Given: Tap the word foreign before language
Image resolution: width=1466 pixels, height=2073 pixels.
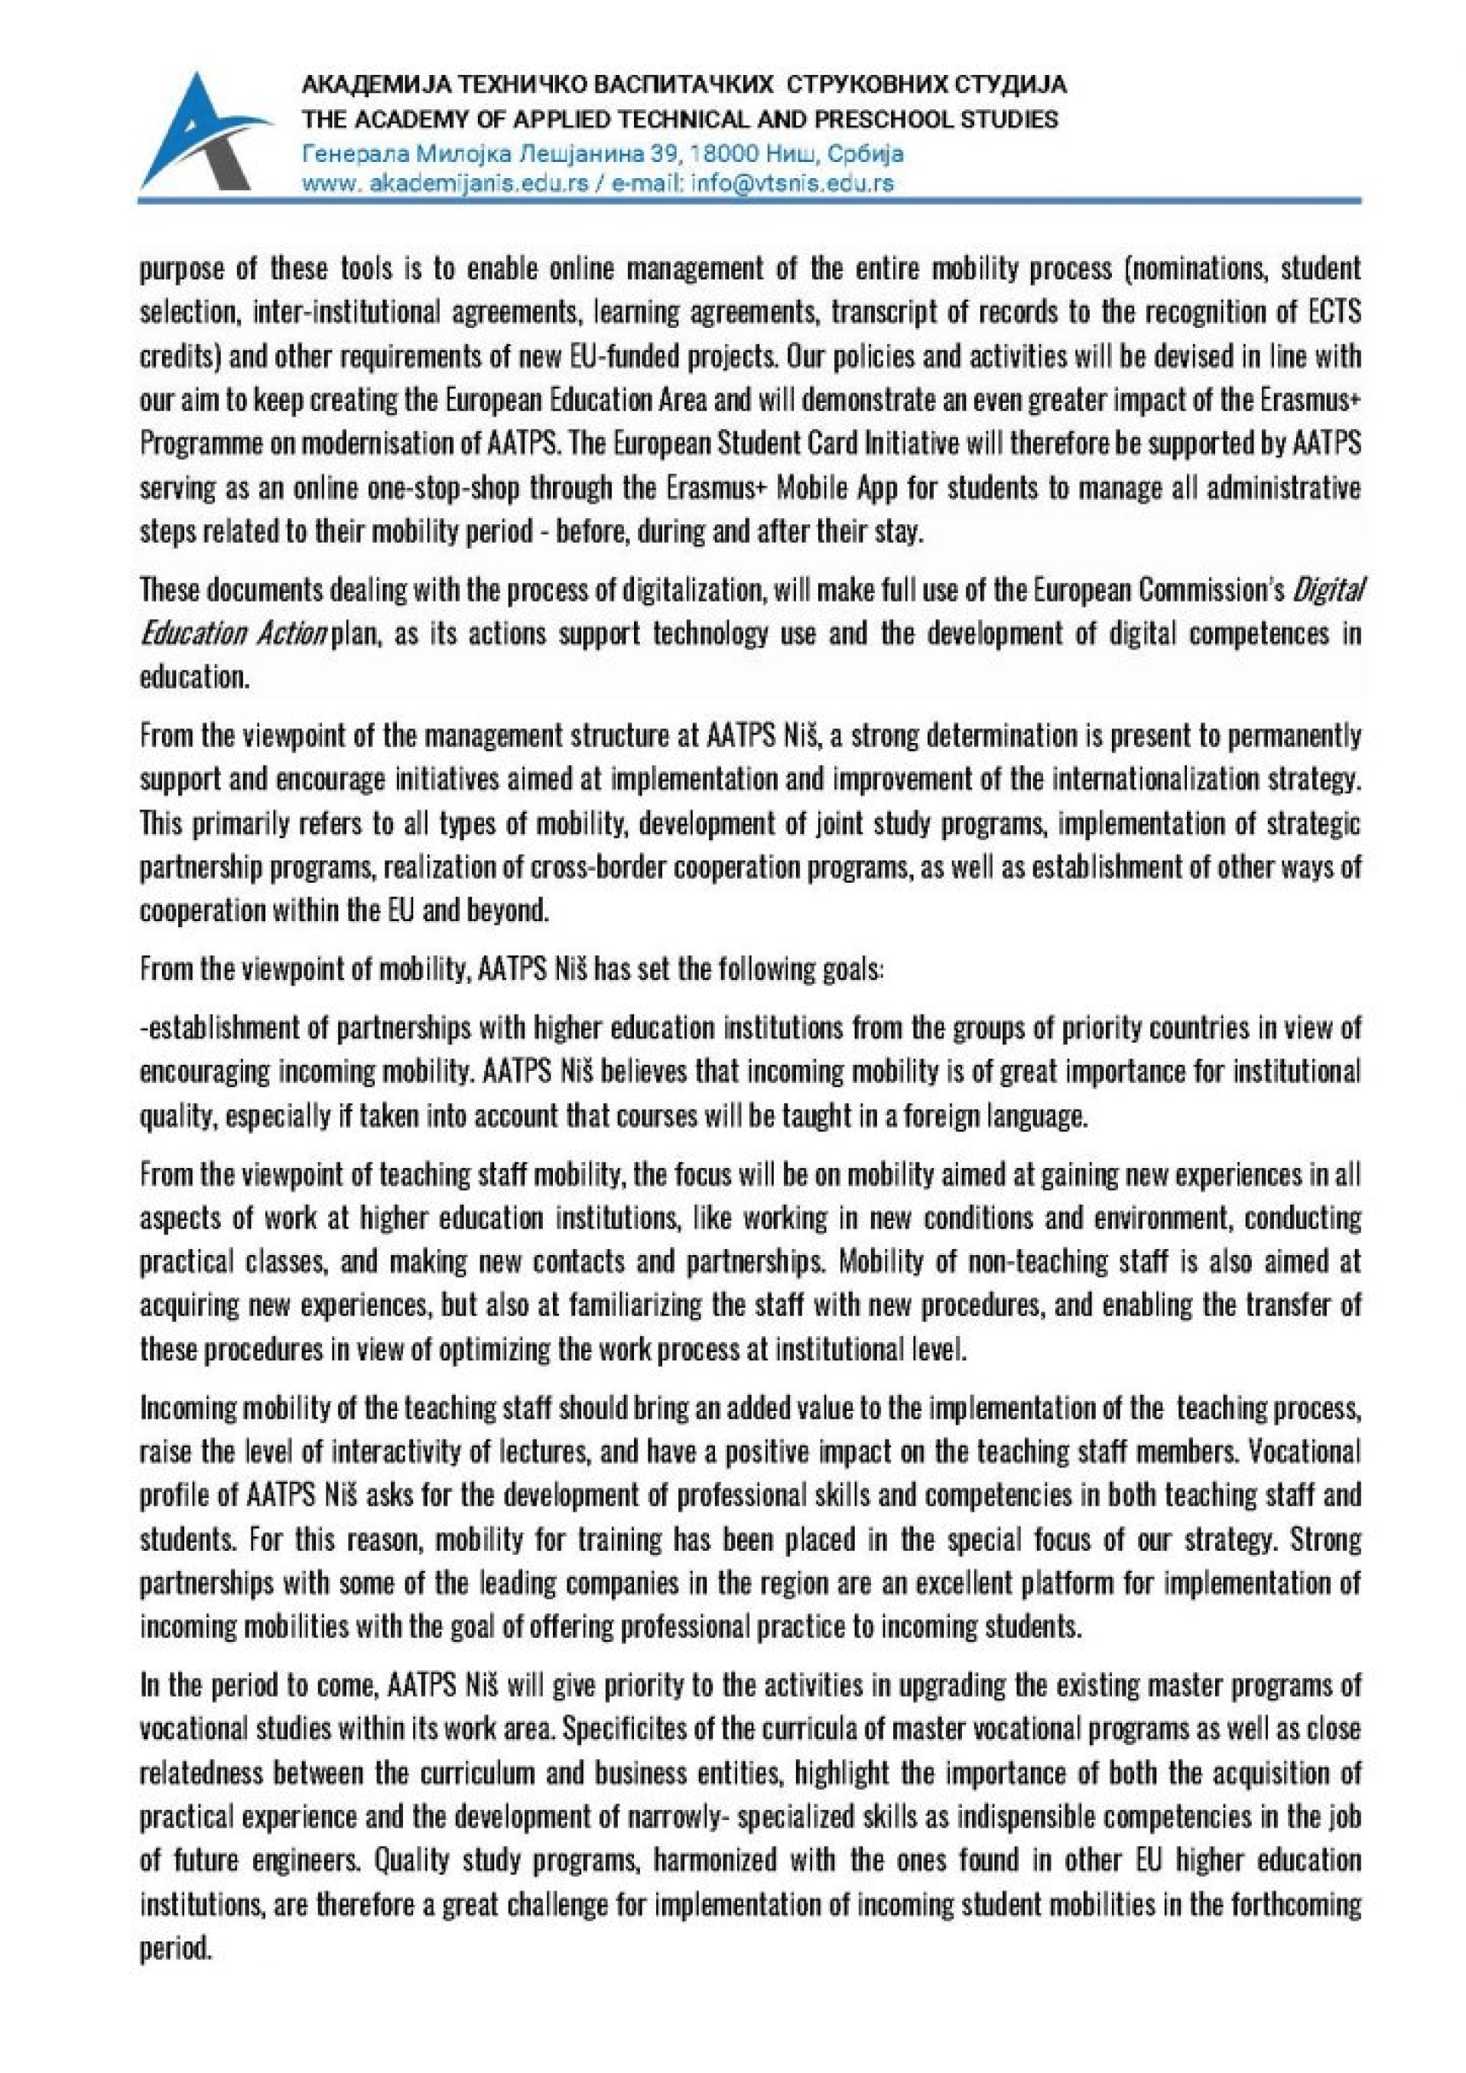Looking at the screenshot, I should [933, 1117].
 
